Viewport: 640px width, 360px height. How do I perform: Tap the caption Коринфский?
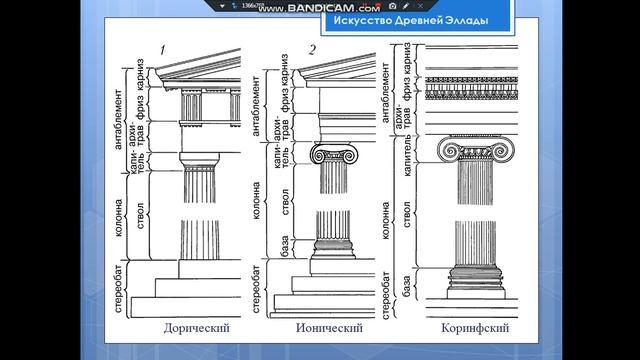[x=468, y=328]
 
